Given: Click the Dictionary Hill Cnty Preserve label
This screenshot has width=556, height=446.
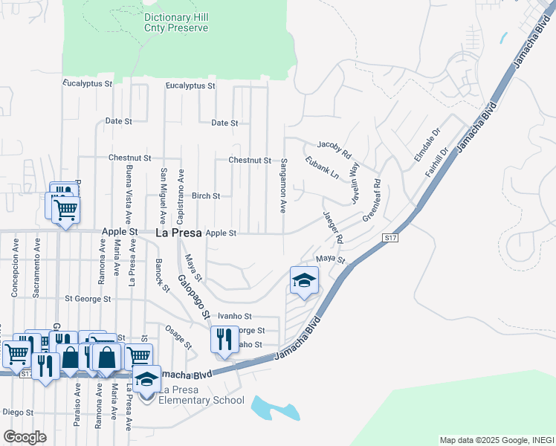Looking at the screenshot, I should pos(175,22).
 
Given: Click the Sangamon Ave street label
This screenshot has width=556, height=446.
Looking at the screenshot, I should pos(283,187).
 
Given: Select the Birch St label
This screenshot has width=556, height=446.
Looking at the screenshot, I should pos(206,196).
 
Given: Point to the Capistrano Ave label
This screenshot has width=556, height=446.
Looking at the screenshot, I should pos(181,196).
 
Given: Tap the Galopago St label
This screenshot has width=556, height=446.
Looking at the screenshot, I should pos(191,297).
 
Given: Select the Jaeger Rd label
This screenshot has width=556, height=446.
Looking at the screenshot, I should pos(333,227).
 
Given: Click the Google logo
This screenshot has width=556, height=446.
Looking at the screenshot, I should pos(25,436).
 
